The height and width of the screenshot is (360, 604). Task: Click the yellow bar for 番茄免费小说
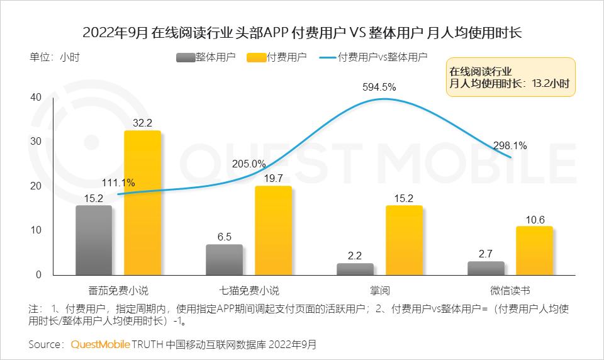pyautogui.click(x=142, y=203)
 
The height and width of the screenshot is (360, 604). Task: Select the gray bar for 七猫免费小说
pyautogui.click(x=224, y=260)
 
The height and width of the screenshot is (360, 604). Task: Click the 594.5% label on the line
pyautogui.click(x=379, y=87)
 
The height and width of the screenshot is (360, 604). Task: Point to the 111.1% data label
pyautogui.click(x=118, y=183)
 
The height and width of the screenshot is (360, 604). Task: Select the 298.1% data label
pyautogui.click(x=510, y=145)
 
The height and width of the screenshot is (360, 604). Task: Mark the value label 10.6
pyautogui.click(x=535, y=219)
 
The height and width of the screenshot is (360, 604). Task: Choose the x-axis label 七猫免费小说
pyautogui.click(x=249, y=291)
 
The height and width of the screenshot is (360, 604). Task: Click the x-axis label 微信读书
pyautogui.click(x=510, y=291)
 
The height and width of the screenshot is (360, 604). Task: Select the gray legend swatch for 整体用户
pyautogui.click(x=186, y=57)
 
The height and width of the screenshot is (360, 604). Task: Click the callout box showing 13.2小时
pyautogui.click(x=511, y=77)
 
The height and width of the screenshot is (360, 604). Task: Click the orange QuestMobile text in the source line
pyautogui.click(x=100, y=344)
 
